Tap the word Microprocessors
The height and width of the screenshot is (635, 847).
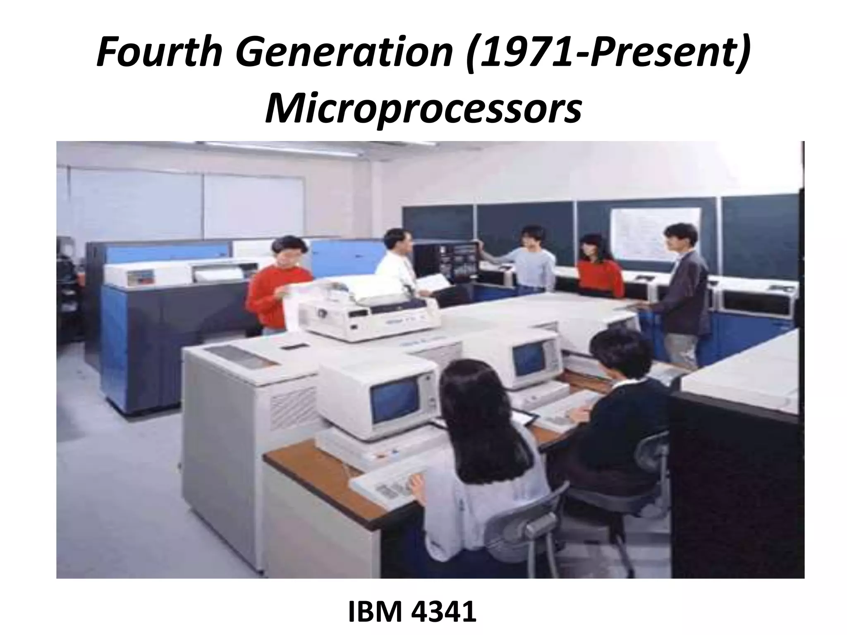click(x=423, y=108)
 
